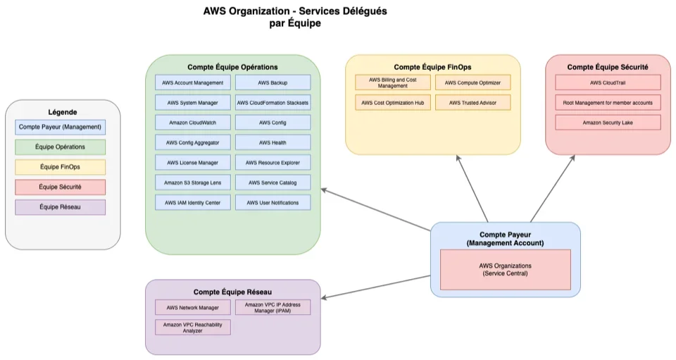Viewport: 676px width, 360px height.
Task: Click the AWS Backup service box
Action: tap(273, 83)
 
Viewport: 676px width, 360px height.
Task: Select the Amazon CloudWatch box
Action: tap(192, 123)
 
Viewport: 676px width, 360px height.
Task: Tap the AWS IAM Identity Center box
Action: tap(192, 203)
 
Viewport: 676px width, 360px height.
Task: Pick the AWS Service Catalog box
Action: tap(273, 183)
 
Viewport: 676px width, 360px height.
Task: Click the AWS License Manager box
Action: tap(192, 163)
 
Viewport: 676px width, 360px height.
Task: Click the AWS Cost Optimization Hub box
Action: tap(392, 103)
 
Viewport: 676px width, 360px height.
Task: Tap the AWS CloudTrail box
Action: tap(608, 83)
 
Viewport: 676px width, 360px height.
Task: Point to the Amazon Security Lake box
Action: tap(608, 123)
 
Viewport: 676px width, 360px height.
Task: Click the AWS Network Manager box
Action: tap(192, 308)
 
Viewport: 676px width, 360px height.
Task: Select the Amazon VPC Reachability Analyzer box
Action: tap(192, 327)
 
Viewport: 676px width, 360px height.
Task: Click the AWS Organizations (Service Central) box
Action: tap(505, 269)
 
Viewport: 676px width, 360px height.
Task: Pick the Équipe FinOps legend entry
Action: tap(60, 167)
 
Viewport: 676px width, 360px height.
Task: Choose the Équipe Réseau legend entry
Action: tap(60, 207)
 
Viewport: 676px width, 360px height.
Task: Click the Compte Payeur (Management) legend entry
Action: tap(60, 128)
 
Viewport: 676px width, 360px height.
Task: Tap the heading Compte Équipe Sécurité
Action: tap(608, 67)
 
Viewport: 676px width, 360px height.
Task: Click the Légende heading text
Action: tap(62, 112)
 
